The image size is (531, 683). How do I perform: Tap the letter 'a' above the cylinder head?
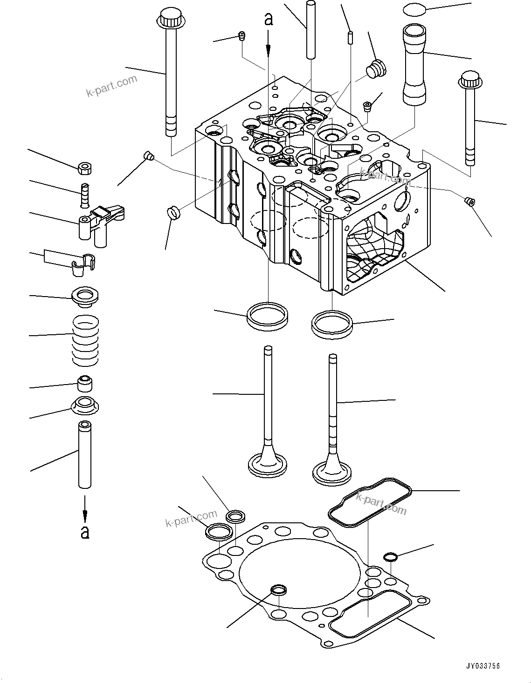(269, 20)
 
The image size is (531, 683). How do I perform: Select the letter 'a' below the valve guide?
(85, 532)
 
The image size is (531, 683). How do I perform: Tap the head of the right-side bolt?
(470, 80)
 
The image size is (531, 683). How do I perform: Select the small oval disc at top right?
(415, 9)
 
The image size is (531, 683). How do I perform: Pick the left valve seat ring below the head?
(268, 316)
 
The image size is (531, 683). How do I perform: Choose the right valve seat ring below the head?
(332, 325)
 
